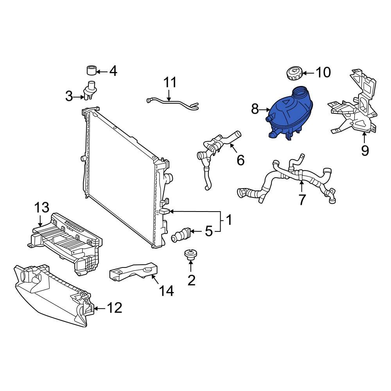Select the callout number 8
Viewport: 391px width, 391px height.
(255, 109)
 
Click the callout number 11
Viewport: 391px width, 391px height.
(170, 83)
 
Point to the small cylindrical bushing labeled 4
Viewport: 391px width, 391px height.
(91, 71)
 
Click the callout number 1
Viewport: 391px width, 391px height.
(229, 220)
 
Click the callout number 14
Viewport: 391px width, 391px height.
(166, 291)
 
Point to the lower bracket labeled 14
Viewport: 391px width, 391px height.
(133, 272)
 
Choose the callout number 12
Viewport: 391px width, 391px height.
(114, 308)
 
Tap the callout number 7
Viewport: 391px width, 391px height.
(302, 199)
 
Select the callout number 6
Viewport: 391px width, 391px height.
(240, 160)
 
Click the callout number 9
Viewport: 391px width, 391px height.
(364, 150)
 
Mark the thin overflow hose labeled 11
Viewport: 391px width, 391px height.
(172, 103)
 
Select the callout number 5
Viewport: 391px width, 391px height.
(209, 231)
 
